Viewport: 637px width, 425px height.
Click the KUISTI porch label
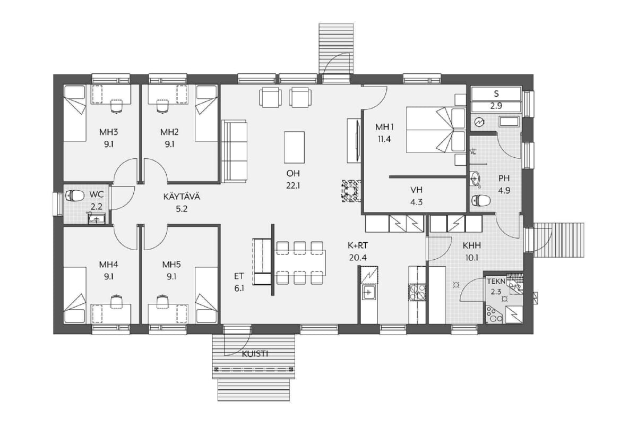pos(255,354)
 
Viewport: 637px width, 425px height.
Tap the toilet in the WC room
pos(75,195)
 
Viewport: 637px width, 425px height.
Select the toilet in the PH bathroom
pos(481,200)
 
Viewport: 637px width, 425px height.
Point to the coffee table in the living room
pos(294,148)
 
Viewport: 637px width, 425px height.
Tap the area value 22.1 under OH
pos(293,186)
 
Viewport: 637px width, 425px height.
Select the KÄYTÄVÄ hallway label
pos(182,197)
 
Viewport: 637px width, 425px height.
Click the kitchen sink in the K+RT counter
pos(368,292)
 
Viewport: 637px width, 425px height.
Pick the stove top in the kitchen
pos(417,292)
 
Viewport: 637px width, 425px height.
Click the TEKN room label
pos(496,282)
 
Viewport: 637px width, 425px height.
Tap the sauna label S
pos(496,93)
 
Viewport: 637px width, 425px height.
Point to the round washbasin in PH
pos(475,179)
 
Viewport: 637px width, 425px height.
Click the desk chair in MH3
pos(116,106)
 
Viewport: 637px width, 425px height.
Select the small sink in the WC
pos(97,219)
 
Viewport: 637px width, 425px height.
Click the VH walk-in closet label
pos(416,190)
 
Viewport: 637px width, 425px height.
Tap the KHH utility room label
pos(472,245)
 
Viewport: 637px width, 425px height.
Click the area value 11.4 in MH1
pos(384,139)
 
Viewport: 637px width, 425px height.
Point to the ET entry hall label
pos(239,276)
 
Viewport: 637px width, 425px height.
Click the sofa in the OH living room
pos(234,151)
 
